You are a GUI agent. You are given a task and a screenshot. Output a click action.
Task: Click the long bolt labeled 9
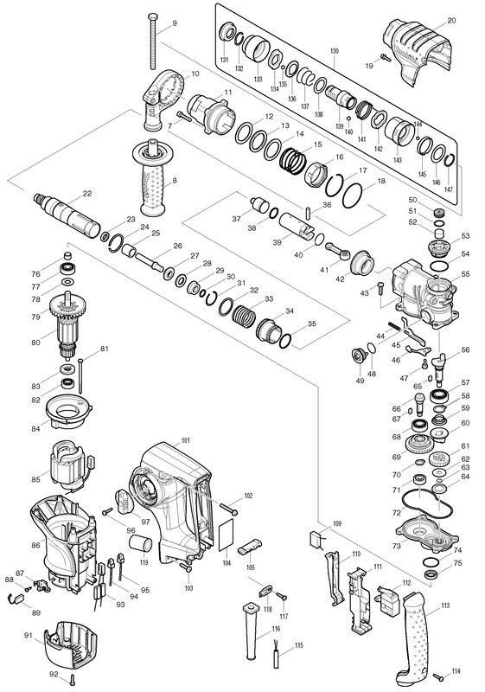click(x=153, y=42)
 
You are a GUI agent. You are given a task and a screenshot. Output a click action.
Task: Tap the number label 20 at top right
click(x=451, y=20)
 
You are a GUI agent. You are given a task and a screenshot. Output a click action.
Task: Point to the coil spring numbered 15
click(x=293, y=160)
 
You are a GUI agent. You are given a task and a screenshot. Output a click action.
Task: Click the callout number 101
click(x=186, y=440)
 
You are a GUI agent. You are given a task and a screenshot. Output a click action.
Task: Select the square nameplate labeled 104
click(x=227, y=535)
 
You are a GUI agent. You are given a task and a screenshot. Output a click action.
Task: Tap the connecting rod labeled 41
click(x=339, y=250)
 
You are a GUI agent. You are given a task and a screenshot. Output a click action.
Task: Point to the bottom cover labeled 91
click(x=71, y=645)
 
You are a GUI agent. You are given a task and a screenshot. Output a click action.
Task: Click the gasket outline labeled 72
click(x=428, y=503)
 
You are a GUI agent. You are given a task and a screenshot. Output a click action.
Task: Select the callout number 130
click(x=335, y=51)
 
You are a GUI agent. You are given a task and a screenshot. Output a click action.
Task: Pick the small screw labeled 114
click(x=438, y=676)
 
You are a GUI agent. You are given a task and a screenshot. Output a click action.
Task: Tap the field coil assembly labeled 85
click(x=68, y=465)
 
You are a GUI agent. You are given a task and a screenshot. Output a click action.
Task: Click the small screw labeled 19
click(x=386, y=57)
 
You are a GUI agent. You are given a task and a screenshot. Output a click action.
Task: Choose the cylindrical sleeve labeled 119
click(x=140, y=543)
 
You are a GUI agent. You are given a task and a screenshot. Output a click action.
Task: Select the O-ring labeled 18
click(x=353, y=195)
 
